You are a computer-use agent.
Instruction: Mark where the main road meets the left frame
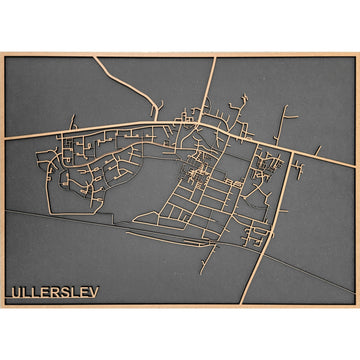click(5, 138)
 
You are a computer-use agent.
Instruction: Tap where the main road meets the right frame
click(354, 165)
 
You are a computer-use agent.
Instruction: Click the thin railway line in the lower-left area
click(60, 219)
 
